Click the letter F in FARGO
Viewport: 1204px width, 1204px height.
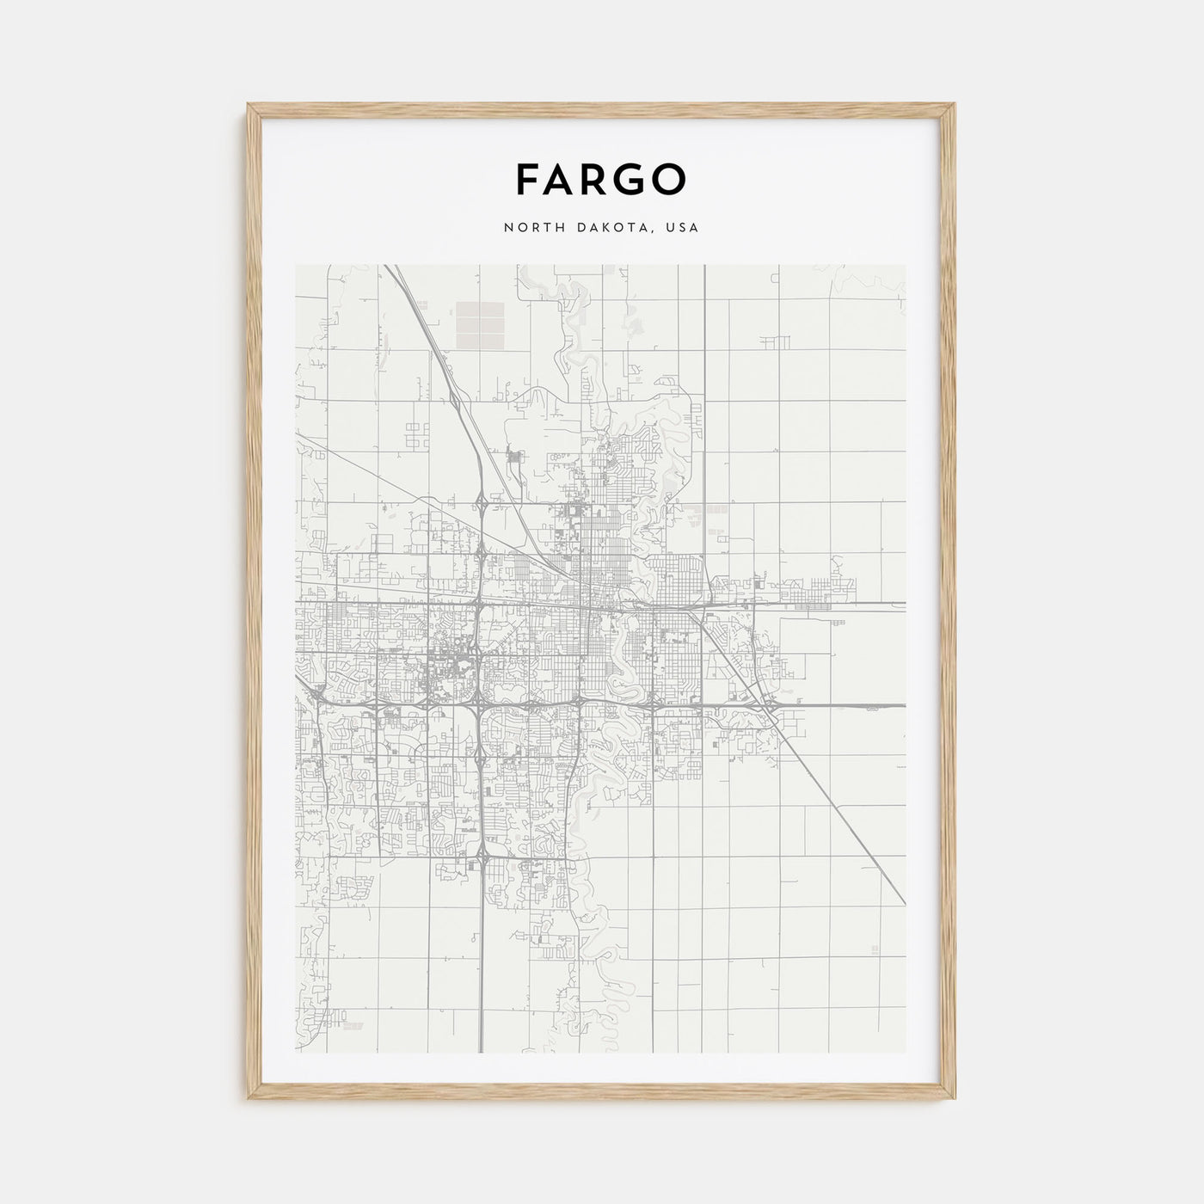pyautogui.click(x=528, y=179)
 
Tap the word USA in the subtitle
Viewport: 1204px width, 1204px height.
pyautogui.click(x=683, y=229)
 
